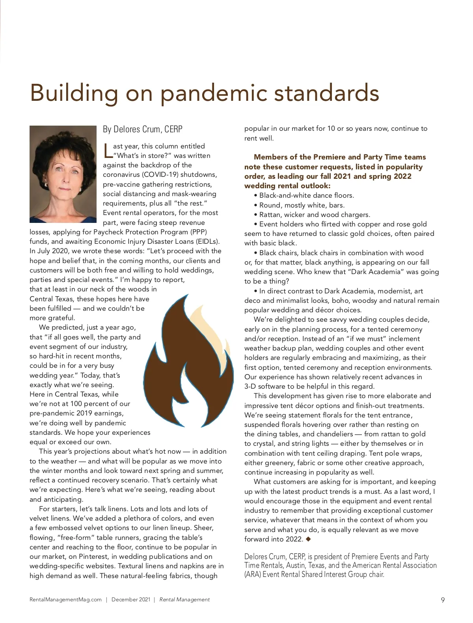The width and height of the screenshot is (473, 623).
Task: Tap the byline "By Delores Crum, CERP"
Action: [143, 129]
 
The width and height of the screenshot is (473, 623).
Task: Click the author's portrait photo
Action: [63, 174]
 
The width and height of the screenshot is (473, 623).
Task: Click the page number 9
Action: [443, 600]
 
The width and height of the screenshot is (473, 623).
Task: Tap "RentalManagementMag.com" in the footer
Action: [65, 600]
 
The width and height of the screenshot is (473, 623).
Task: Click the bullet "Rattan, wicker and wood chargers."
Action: [315, 215]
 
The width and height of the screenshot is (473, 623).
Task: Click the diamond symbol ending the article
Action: [308, 539]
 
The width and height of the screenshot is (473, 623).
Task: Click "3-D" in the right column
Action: [250, 386]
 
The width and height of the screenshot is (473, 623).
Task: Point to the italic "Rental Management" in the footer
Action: [184, 600]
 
